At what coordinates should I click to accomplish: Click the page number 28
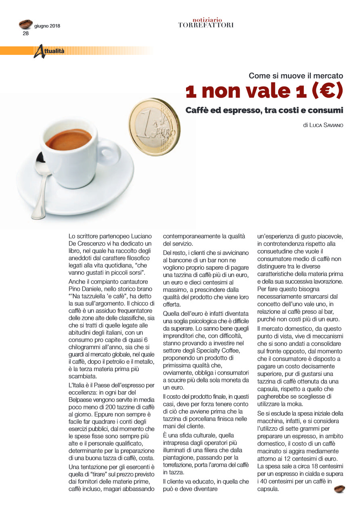[x=25, y=33]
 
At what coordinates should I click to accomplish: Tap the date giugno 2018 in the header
[x=47, y=26]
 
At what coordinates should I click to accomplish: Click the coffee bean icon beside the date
[x=26, y=24]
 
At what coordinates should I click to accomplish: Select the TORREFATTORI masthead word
[x=206, y=25]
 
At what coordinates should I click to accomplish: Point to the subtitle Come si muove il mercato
[x=295, y=75]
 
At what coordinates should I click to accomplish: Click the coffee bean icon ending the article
[x=339, y=489]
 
